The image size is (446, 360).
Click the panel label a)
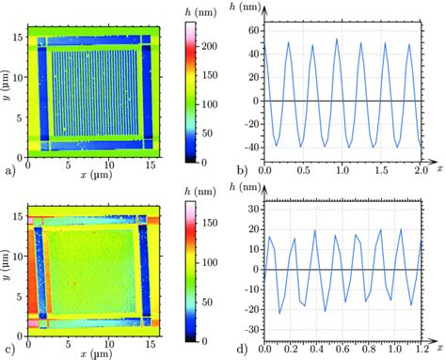click(x=10, y=170)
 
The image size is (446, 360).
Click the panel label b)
click(x=243, y=170)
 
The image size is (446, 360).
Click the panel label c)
click(x=9, y=349)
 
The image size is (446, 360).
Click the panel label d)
click(x=243, y=349)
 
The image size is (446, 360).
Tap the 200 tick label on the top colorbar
click(x=209, y=46)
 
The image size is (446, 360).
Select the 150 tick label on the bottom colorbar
click(x=209, y=223)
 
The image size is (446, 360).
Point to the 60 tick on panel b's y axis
click(x=255, y=31)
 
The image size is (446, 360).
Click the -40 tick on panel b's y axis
click(x=253, y=148)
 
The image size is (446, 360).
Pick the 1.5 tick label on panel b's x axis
click(x=381, y=170)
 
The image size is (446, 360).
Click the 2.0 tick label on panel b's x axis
click(x=421, y=170)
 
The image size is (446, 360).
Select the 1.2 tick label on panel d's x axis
click(x=421, y=349)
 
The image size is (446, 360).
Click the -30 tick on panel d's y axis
click(x=253, y=330)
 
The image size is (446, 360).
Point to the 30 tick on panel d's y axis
click(x=255, y=210)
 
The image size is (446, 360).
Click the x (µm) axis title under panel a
click(x=96, y=175)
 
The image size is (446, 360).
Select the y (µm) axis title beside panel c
click(x=6, y=264)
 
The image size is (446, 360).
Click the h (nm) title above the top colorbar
click(x=200, y=13)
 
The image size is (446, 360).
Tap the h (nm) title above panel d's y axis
click(x=245, y=187)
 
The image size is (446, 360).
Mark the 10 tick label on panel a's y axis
click(x=18, y=78)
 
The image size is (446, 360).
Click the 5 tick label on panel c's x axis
click(x=68, y=344)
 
